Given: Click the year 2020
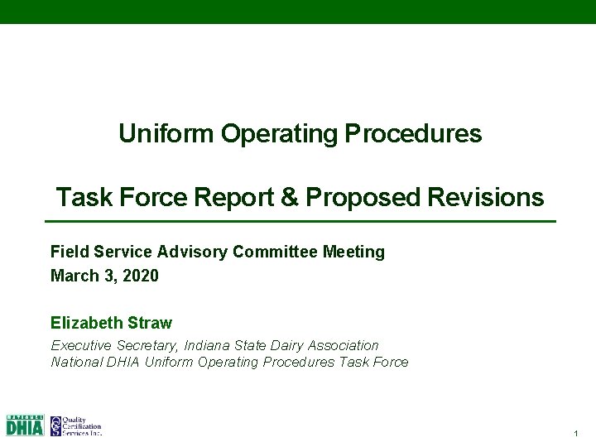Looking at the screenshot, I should coord(140,276).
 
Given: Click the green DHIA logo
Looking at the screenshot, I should coord(25,425).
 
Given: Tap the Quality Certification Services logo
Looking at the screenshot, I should coord(75,425).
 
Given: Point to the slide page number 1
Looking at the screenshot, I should coord(574,434).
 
